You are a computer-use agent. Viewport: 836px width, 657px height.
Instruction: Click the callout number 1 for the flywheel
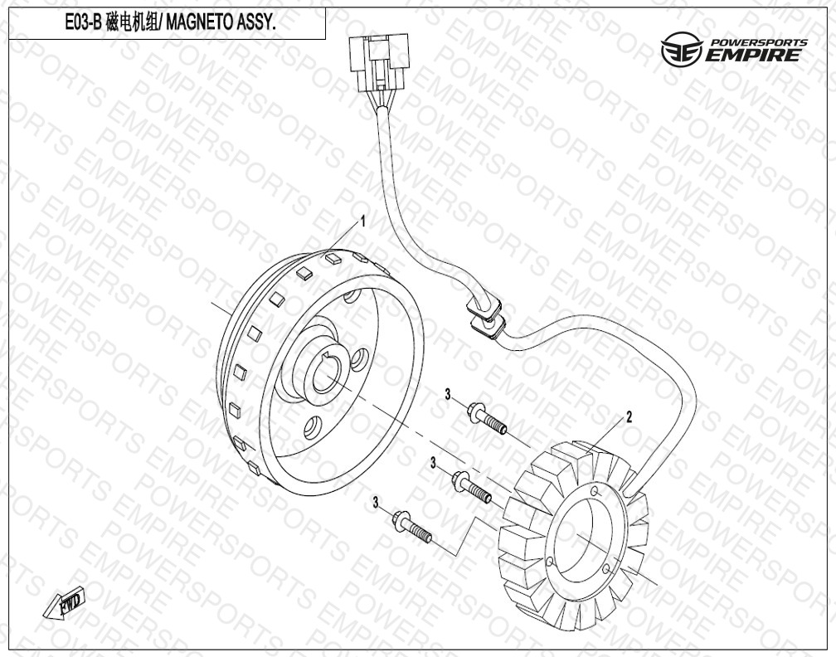[x=363, y=221]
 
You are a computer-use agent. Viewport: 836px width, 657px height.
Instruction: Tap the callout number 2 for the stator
[x=629, y=417]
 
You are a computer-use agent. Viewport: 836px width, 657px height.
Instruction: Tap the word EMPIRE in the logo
[x=752, y=56]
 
